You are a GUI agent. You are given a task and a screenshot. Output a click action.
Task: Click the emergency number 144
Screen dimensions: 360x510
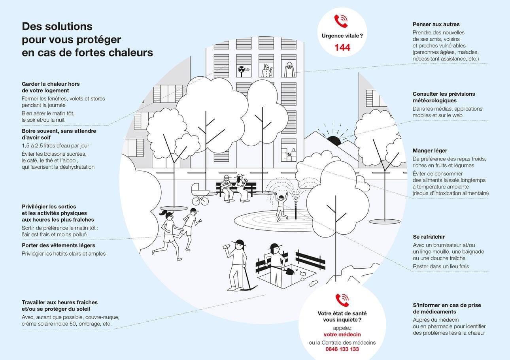tap(342, 48)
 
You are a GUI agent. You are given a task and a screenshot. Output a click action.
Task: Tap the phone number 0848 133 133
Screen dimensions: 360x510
tap(342, 349)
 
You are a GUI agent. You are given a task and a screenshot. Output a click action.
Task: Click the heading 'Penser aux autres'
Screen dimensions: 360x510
tap(436, 24)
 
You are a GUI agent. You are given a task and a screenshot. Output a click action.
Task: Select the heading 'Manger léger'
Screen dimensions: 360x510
tap(430, 151)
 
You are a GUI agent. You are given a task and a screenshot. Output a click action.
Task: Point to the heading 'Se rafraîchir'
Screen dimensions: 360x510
tap(429, 237)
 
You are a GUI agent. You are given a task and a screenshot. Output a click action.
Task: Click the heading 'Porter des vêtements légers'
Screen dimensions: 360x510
tap(58, 245)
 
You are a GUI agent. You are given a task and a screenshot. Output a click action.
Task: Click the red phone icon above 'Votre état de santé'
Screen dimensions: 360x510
tap(342, 300)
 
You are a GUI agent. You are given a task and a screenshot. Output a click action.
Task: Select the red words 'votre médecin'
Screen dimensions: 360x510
tap(342, 335)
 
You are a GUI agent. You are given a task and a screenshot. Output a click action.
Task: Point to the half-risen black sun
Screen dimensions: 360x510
tap(333, 140)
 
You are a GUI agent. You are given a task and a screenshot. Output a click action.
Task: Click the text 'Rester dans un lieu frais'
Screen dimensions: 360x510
tap(441, 266)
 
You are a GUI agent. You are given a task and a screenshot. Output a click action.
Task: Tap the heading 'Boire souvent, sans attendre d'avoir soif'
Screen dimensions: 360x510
tap(59, 134)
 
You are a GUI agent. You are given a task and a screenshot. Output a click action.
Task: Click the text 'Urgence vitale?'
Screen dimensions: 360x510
tap(342, 36)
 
